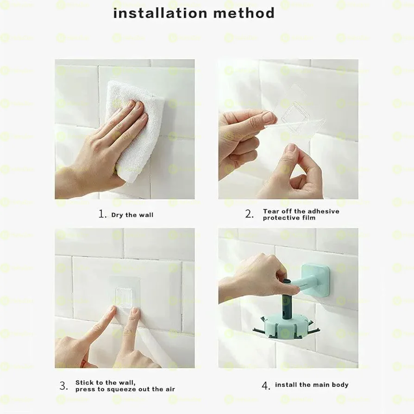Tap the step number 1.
point(102,214)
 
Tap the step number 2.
point(249,214)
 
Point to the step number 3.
point(63,386)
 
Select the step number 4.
point(265,385)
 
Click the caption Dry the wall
point(132,215)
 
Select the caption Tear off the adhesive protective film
point(301,214)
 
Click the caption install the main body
point(312,385)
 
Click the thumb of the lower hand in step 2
point(291,157)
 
